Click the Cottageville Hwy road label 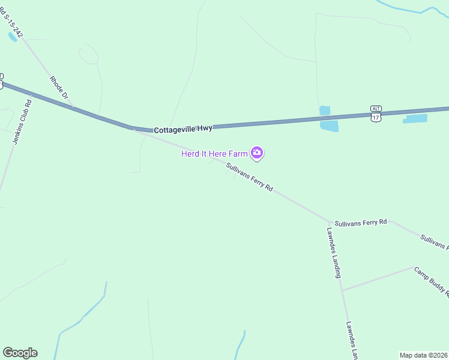tap(183, 129)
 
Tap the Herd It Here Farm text tap(214, 154)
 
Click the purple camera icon tap(257, 154)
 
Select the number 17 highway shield tap(376, 117)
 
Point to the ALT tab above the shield tap(376, 109)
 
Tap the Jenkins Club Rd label tap(22, 119)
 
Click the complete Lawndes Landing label tap(334, 252)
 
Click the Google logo tap(20, 353)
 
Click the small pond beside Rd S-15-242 tap(13, 37)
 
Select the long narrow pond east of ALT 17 tap(415, 119)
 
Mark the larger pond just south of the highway tap(329, 125)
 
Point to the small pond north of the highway tap(325, 110)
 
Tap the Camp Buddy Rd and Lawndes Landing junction tap(342, 290)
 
